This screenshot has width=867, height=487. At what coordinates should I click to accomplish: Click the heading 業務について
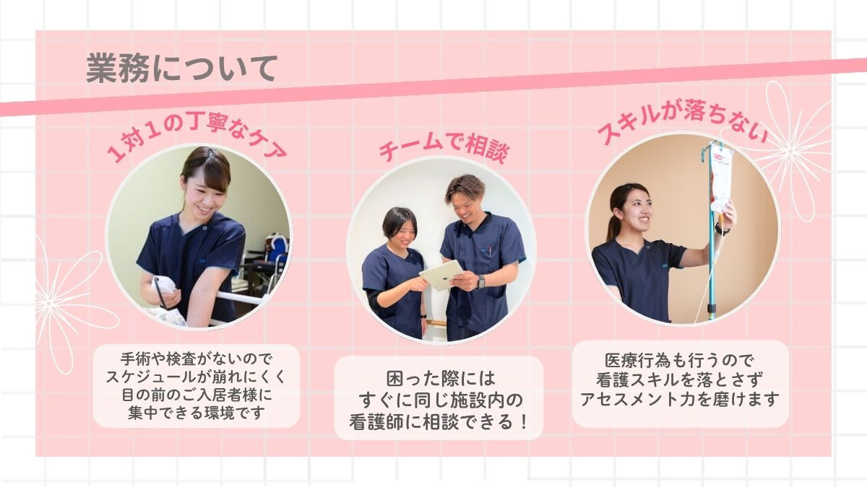[182, 69]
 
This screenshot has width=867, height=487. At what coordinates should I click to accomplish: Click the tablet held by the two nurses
[441, 275]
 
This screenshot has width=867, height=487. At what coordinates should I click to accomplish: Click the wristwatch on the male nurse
[480, 281]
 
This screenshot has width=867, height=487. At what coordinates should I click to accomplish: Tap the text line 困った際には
[441, 378]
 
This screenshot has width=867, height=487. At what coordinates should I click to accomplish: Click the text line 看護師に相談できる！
[439, 421]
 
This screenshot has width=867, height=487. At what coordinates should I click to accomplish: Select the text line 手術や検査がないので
[197, 359]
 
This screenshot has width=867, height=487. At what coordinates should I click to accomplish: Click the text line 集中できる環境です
[197, 413]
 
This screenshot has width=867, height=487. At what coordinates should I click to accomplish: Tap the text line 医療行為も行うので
[680, 361]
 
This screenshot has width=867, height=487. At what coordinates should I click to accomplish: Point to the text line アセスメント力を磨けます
[680, 399]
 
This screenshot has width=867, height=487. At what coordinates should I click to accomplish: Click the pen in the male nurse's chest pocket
[491, 251]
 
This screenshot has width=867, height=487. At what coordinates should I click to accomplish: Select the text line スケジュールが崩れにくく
[197, 377]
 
